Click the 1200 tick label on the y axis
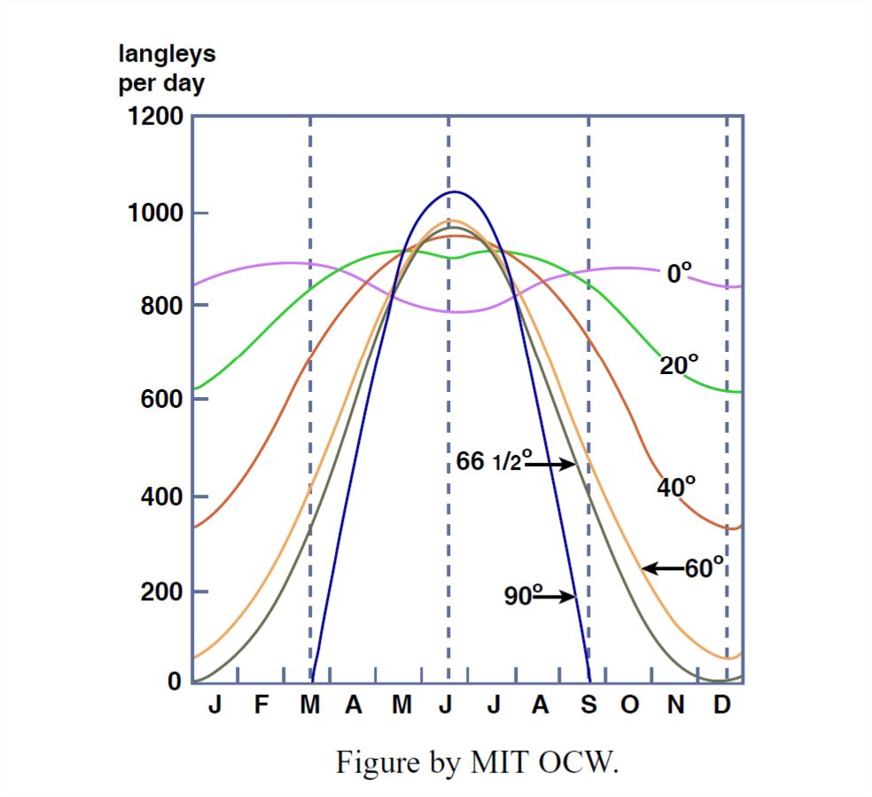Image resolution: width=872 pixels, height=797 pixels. (156, 116)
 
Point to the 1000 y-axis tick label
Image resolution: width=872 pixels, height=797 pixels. (156, 213)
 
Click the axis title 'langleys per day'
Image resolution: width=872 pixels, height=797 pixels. (167, 69)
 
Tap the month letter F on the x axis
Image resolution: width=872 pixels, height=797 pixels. (261, 707)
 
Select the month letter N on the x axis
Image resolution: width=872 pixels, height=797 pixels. (676, 707)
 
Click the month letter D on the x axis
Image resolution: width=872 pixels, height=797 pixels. (722, 707)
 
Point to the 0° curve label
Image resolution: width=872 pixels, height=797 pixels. (679, 273)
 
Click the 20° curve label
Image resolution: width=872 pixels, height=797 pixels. (679, 364)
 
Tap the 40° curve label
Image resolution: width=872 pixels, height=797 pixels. (676, 487)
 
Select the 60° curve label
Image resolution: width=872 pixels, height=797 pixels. (705, 567)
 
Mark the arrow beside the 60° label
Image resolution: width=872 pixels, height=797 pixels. (662, 568)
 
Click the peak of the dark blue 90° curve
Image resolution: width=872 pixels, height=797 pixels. (454, 191)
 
